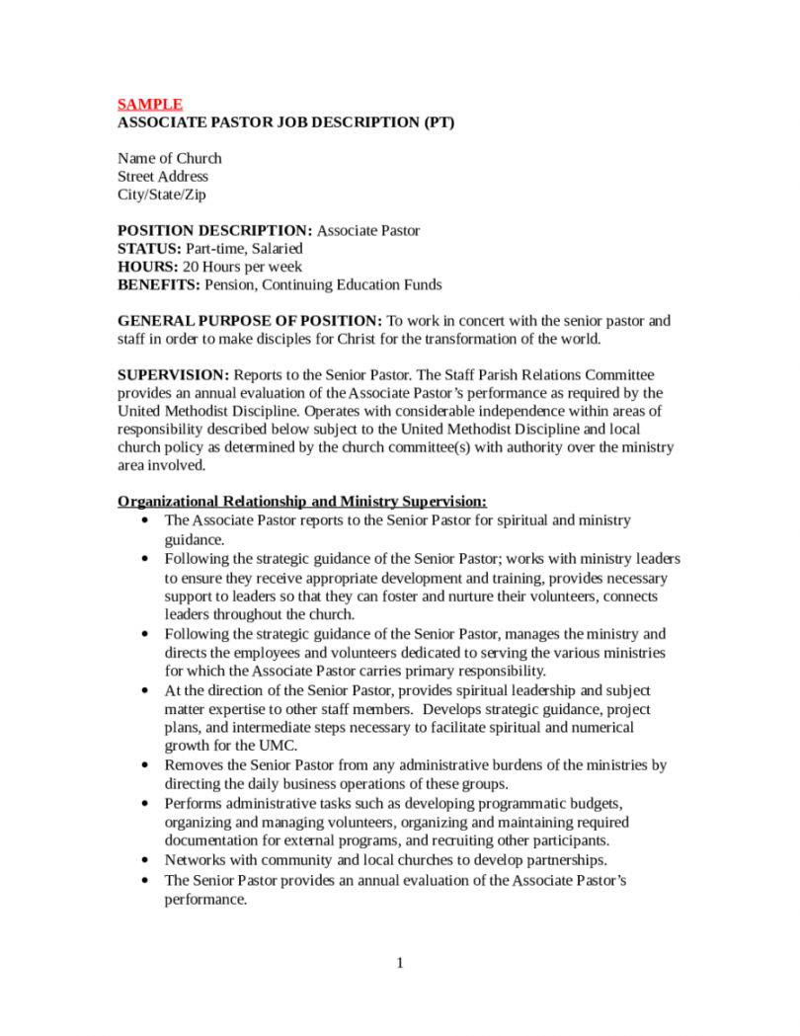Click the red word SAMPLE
click(150, 104)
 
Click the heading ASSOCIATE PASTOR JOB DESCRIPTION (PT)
click(286, 122)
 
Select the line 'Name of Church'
click(170, 158)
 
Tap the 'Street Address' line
click(163, 177)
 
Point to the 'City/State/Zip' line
click(162, 195)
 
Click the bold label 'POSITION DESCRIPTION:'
click(214, 231)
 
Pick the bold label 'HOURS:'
click(148, 267)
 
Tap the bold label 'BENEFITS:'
click(158, 285)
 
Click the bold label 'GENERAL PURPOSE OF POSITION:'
click(249, 321)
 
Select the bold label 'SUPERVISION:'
click(173, 375)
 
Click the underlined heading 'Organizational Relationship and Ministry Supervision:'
click(301, 502)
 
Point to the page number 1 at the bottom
click(400, 963)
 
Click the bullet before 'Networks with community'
click(146, 860)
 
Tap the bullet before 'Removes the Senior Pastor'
click(146, 765)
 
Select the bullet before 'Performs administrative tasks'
click(146, 804)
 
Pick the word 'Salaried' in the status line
click(276, 249)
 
